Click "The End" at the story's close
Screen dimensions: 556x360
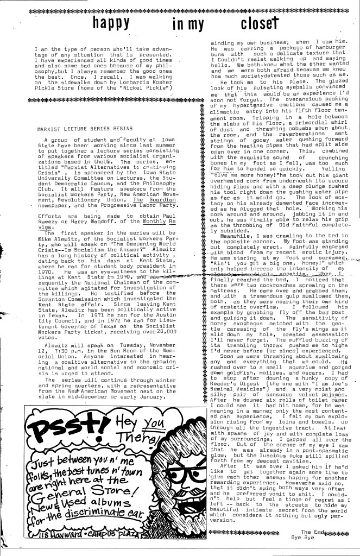[x=312, y=532]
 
